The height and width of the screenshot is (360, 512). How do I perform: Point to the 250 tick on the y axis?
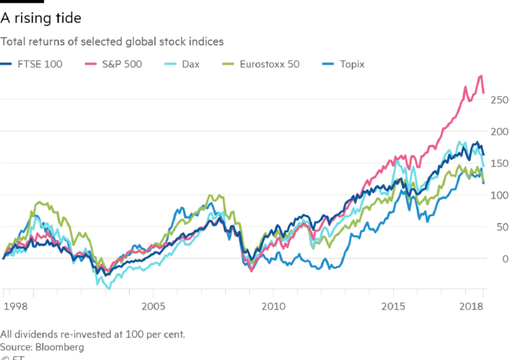click(499, 100)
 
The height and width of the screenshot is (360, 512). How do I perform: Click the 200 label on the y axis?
click(499, 131)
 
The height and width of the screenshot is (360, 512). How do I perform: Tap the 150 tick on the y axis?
click(499, 164)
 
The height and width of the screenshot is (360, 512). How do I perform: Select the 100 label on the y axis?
click(499, 195)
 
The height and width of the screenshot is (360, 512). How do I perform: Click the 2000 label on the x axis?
click(15, 306)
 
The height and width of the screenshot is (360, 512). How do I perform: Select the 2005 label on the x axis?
click(153, 306)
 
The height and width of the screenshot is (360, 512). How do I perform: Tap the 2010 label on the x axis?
click(274, 306)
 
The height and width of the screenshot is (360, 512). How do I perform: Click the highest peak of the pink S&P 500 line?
click(480, 75)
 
